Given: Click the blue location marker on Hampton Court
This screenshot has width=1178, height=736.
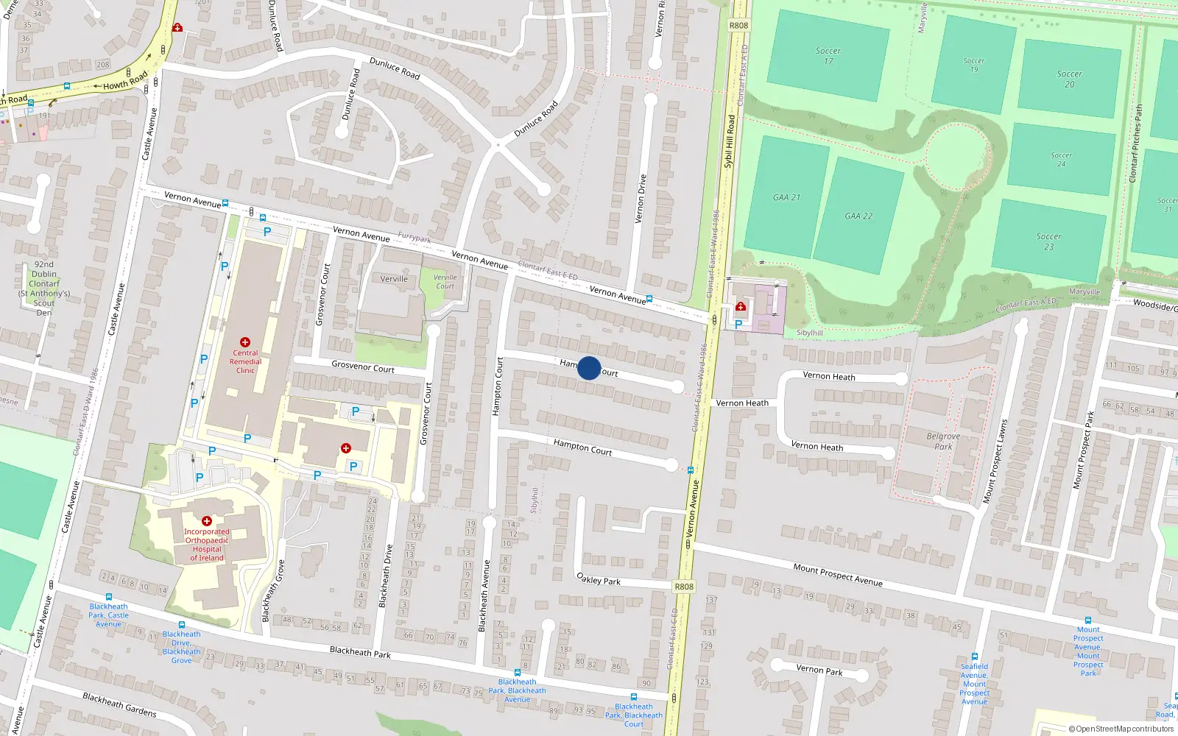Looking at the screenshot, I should [x=589, y=368].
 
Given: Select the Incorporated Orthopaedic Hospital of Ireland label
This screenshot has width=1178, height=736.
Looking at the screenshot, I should [x=207, y=544].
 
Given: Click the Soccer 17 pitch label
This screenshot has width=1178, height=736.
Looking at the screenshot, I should [x=828, y=56].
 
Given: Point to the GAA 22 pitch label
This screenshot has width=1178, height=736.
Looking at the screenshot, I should [x=858, y=216].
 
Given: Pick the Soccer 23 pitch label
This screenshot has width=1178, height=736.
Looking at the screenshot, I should [x=1049, y=241].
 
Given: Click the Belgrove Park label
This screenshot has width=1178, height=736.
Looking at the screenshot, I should [x=943, y=442].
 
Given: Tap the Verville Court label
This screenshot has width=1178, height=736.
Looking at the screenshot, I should [x=445, y=282].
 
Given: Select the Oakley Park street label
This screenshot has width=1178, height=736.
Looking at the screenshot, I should [x=599, y=580].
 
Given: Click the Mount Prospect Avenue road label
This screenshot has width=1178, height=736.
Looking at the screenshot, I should [x=838, y=574].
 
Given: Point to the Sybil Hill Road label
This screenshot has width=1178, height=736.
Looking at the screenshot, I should [x=729, y=141].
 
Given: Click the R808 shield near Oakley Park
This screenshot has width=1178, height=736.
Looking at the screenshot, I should [x=684, y=587].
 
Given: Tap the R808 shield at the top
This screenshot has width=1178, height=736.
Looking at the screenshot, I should [x=738, y=25].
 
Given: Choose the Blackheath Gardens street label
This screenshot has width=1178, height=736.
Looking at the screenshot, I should [x=119, y=704].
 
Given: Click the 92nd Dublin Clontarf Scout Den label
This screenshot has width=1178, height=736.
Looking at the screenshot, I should [x=44, y=289].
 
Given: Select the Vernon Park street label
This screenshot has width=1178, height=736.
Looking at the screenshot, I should [x=819, y=670].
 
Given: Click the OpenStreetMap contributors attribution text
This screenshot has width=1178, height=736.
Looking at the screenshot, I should [x=1121, y=729].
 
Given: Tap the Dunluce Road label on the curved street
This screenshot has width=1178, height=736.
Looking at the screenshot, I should [x=395, y=68].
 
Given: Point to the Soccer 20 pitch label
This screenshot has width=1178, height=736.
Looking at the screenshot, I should [x=1070, y=79].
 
